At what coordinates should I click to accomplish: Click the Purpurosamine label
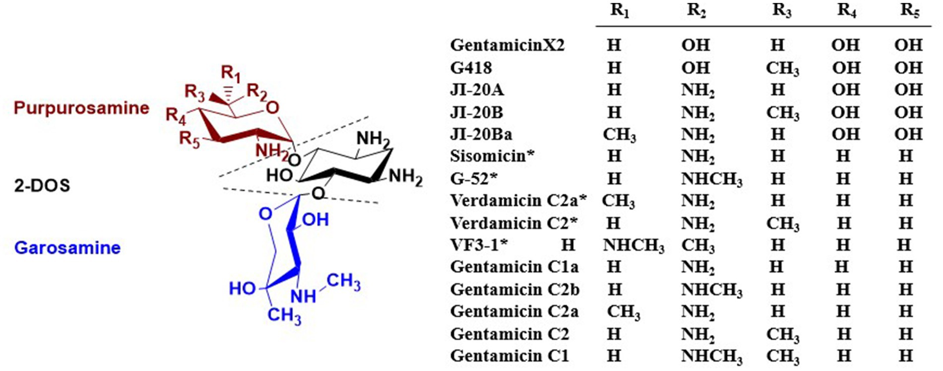81,108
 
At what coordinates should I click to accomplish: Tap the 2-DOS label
42,185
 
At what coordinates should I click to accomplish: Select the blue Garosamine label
67,247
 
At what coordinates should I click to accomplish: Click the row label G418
471,68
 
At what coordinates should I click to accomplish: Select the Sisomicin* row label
492,156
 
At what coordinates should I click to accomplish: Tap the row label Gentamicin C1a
514,267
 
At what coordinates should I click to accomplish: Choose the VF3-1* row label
479,245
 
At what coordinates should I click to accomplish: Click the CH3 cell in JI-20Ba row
619,135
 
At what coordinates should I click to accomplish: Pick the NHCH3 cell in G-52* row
711,179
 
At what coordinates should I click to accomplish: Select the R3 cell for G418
782,68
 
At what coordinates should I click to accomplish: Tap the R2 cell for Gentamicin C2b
711,290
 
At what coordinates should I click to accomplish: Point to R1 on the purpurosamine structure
231,74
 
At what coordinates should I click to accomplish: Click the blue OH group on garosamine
315,220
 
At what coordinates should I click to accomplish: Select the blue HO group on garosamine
242,288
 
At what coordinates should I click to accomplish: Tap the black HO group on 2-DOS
279,175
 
